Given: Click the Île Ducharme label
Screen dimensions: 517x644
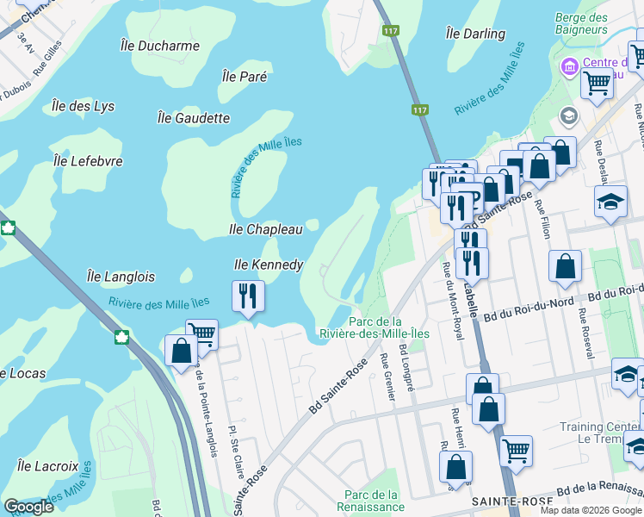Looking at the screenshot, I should click(x=160, y=46).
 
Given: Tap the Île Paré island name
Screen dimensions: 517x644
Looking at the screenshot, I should click(x=245, y=77).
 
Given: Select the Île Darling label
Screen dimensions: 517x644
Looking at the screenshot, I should click(x=475, y=34).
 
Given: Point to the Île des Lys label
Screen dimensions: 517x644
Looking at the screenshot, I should click(x=83, y=106).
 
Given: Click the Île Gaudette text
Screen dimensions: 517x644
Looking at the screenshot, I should click(x=194, y=118).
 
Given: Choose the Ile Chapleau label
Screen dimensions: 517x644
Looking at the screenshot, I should click(x=265, y=229).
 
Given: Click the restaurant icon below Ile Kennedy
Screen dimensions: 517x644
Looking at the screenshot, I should click(x=248, y=296).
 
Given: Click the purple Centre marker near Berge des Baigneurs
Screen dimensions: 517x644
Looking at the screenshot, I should click(x=569, y=66).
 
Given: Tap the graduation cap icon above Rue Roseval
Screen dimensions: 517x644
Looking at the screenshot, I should click(x=610, y=202).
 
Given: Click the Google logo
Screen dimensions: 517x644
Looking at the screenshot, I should click(x=28, y=507).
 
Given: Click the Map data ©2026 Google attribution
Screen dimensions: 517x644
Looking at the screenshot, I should click(x=590, y=510).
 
